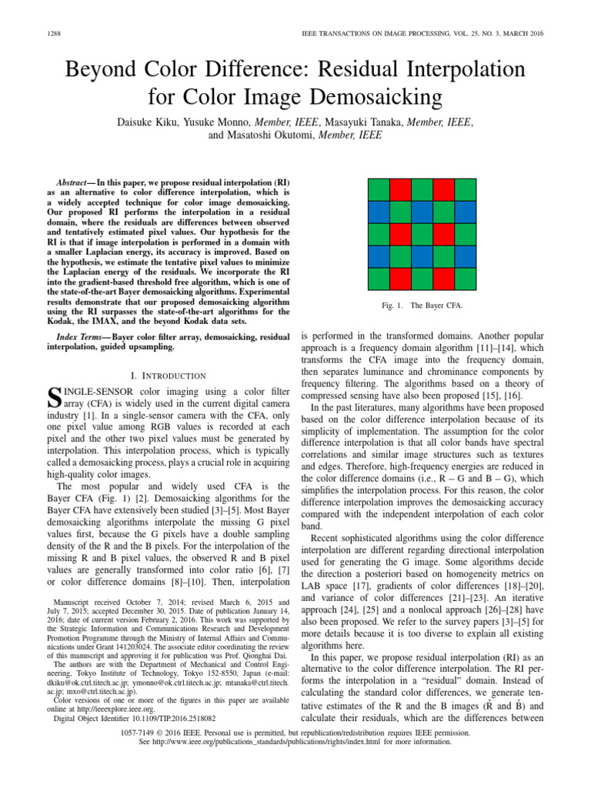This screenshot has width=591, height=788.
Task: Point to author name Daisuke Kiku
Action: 149,122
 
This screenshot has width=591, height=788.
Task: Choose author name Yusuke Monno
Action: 225,122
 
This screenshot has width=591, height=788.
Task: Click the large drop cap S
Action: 55,399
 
